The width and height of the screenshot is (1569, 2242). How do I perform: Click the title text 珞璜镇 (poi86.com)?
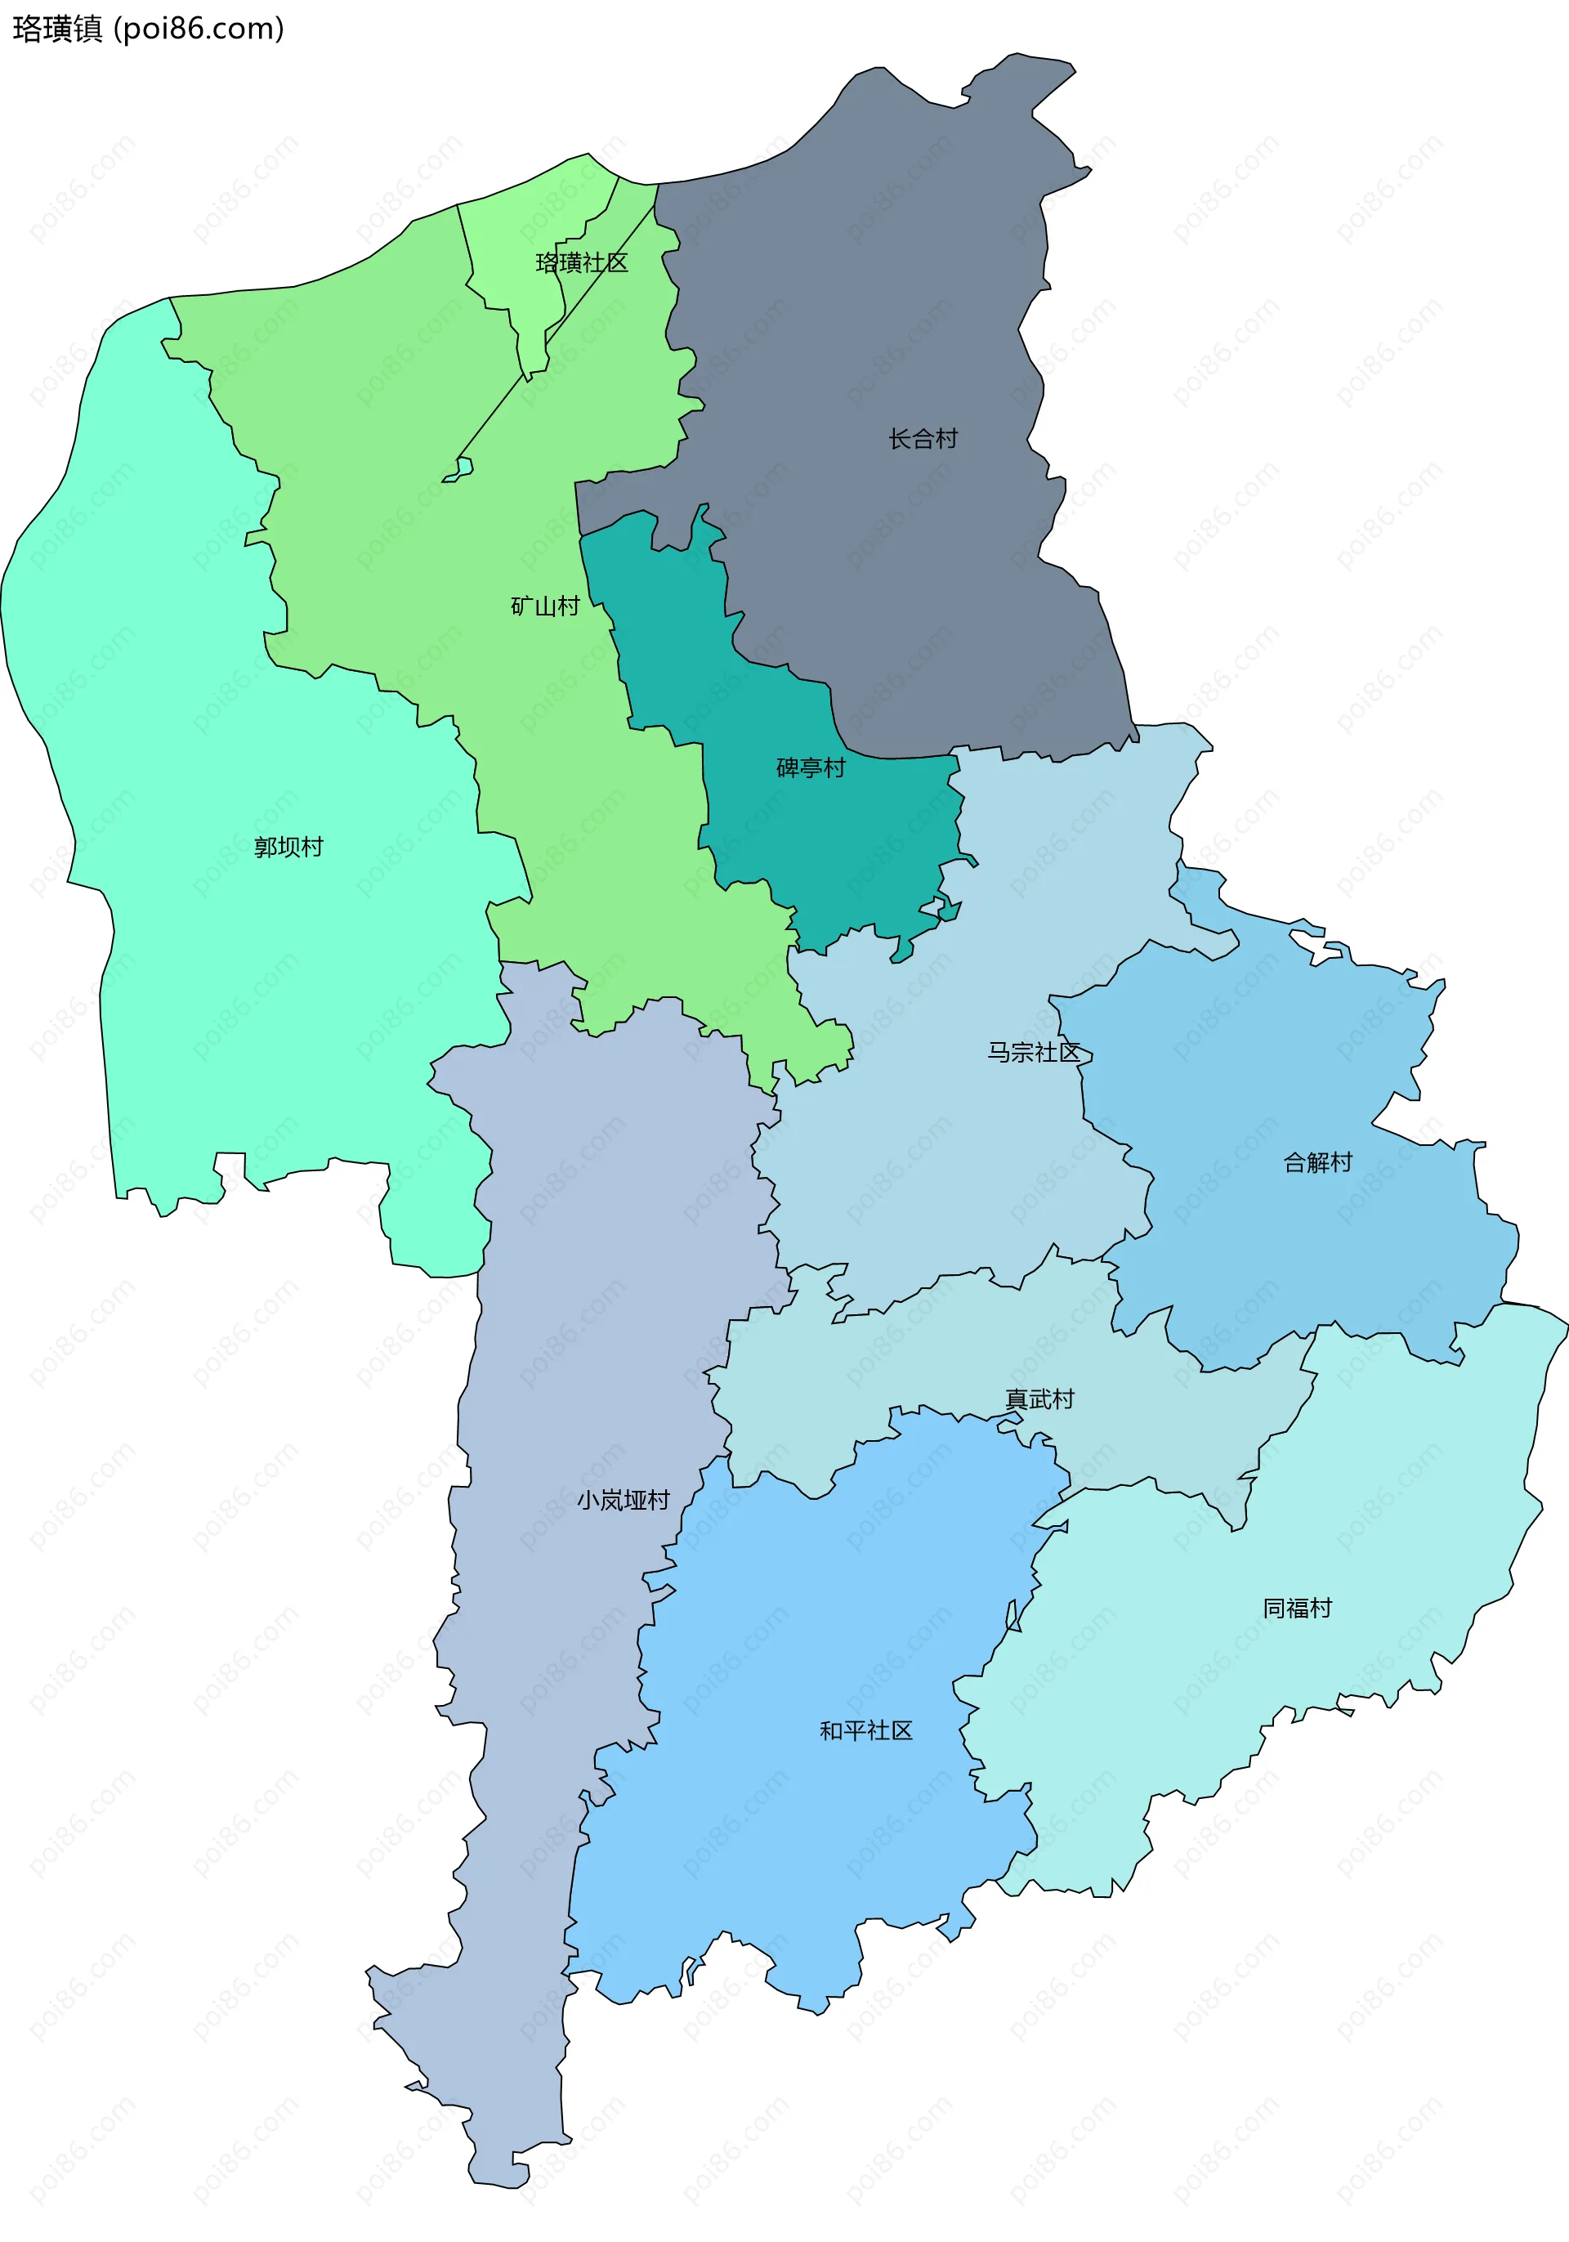point(147,29)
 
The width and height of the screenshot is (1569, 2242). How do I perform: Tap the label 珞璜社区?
point(581,262)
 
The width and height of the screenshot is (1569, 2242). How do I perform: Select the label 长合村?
point(923,440)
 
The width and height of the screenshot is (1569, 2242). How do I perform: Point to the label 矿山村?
point(545,606)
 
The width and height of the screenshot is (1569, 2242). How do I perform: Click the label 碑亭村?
point(811,768)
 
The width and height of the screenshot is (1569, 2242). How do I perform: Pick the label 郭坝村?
point(288,847)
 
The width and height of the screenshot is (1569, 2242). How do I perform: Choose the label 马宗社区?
point(1033,1052)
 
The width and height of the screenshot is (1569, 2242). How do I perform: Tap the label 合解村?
point(1317,1162)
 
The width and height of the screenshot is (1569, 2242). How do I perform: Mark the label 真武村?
point(1039,1399)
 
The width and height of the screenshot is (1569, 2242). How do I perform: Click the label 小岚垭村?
point(623,1500)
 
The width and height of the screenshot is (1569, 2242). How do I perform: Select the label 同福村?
point(1297,1609)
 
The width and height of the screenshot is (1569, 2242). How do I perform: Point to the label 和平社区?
point(865,1730)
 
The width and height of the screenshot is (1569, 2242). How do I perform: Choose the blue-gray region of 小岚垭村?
point(586,1269)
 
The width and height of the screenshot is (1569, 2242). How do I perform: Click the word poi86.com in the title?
point(199,29)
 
